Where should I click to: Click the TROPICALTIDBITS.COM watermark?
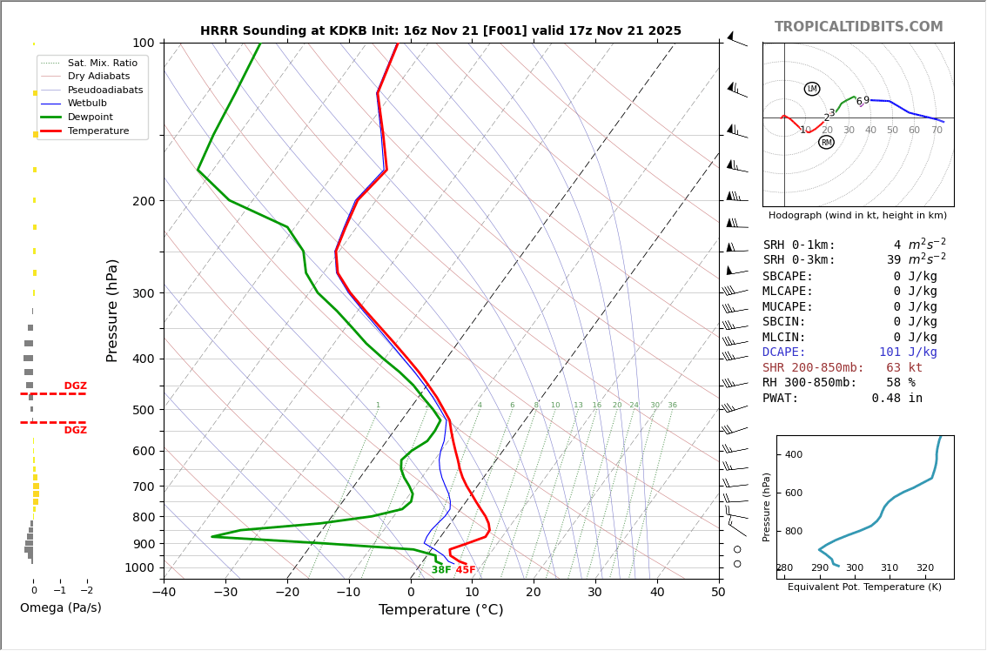tap(858, 27)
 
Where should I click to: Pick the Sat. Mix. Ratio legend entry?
tap(102, 63)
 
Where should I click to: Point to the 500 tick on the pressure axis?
tap(143, 410)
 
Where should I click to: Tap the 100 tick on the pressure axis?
tap(143, 43)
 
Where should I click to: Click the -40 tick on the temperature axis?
tap(164, 593)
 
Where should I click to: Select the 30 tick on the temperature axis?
tap(595, 593)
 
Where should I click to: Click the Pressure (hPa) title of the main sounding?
tap(112, 310)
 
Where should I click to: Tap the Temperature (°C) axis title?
tap(440, 610)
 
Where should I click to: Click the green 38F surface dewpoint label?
tap(440, 570)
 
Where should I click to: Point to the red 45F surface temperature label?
tap(466, 570)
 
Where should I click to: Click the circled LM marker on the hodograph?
tap(812, 89)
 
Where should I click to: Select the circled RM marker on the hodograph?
tap(826, 142)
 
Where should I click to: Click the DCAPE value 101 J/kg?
tap(908, 352)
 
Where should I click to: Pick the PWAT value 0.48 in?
tap(896, 399)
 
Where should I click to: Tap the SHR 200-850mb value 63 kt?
tap(903, 368)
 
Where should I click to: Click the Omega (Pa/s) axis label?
tap(60, 607)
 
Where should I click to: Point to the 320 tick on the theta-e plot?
tap(924, 568)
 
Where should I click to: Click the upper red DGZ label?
tap(75, 386)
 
